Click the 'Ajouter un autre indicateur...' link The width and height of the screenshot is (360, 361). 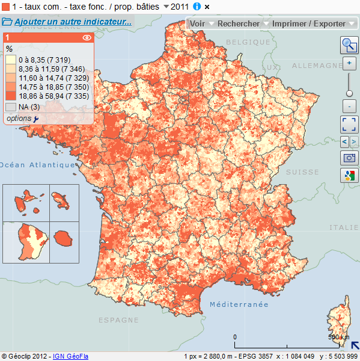(x=73, y=22)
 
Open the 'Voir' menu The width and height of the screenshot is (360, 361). (x=198, y=23)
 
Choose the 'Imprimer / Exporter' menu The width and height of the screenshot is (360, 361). (x=309, y=23)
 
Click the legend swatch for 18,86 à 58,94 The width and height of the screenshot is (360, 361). (x=11, y=96)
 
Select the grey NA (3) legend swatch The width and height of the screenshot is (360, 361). (x=11, y=107)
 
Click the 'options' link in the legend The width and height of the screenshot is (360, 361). (x=19, y=119)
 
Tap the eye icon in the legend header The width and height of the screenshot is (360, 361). (x=87, y=37)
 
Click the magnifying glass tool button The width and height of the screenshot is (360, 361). (x=349, y=45)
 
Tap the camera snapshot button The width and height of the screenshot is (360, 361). (x=349, y=158)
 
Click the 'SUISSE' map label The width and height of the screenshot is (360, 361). (x=302, y=172)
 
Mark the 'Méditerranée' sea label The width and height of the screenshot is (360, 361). (x=239, y=304)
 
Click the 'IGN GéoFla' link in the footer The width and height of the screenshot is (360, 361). (x=70, y=356)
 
